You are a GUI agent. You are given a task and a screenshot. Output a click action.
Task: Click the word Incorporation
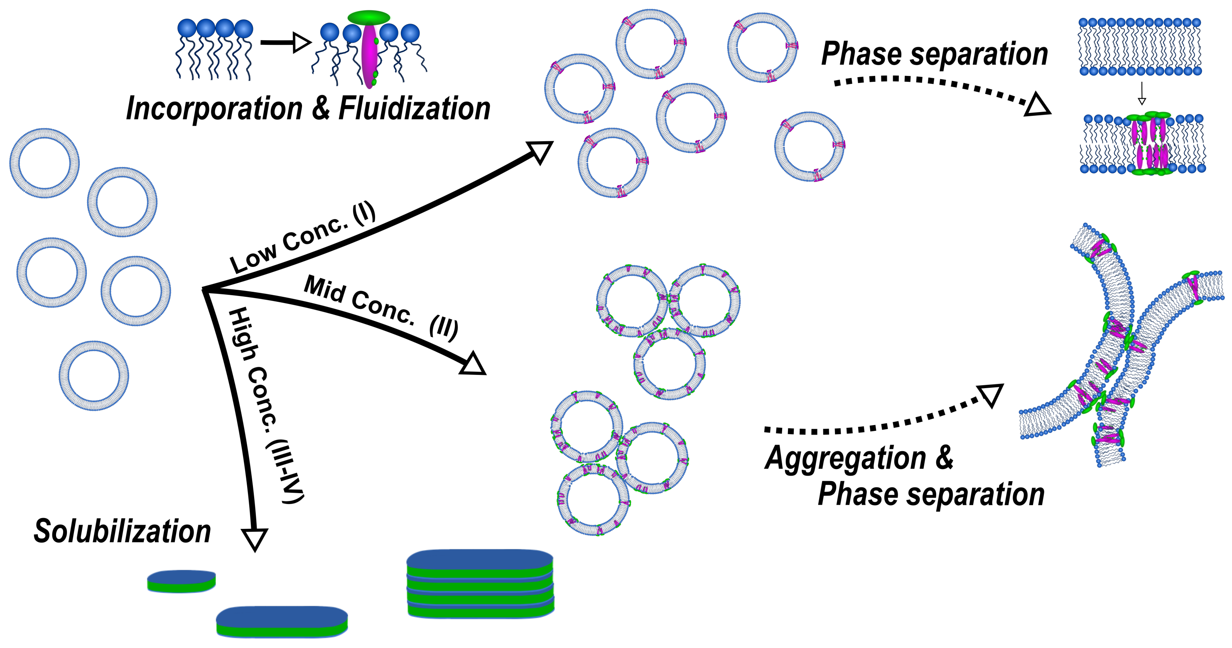click(214, 109)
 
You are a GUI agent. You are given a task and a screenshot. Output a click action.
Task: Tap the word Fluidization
click(414, 109)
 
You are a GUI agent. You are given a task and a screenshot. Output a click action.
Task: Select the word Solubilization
click(122, 531)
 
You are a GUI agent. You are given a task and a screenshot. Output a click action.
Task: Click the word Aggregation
click(846, 458)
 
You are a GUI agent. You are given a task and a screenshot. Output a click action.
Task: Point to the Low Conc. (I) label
click(302, 237)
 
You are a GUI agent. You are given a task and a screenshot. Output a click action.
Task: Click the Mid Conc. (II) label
click(381, 307)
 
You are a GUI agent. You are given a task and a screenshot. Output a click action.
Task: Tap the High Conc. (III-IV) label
click(265, 404)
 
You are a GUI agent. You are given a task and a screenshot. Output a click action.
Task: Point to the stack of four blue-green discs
click(480, 584)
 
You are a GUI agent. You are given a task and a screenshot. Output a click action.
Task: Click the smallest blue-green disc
click(181, 581)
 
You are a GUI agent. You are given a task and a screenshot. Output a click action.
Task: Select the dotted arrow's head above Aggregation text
click(991, 395)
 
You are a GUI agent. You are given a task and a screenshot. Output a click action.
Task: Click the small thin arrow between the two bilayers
click(1141, 94)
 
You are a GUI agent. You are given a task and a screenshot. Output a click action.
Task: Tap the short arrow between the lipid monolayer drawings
click(285, 42)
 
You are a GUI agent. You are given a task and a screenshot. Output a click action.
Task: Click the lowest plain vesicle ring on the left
click(94, 376)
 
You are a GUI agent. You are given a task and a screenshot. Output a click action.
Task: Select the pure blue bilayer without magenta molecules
click(1140, 47)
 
